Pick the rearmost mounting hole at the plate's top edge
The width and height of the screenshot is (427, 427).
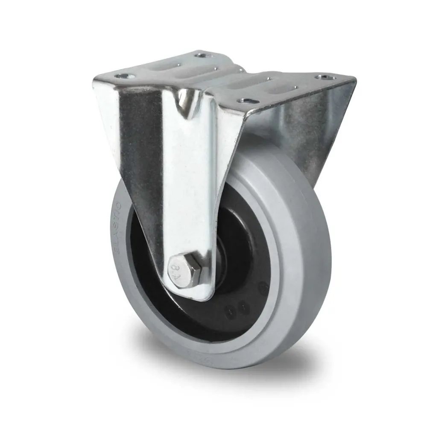pyautogui.click(x=199, y=55)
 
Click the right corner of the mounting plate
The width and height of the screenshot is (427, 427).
pyautogui.click(x=354, y=79)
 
